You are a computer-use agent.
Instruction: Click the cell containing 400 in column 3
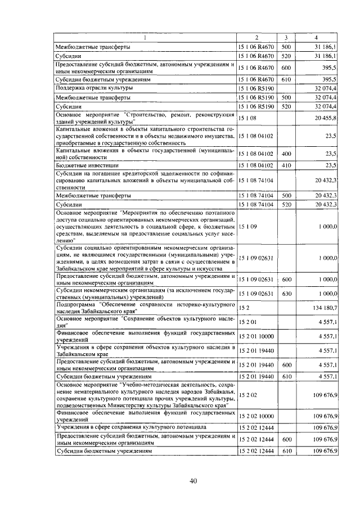(x=286, y=154)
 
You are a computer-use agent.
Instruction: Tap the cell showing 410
(x=286, y=165)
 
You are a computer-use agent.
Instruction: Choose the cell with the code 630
(x=286, y=293)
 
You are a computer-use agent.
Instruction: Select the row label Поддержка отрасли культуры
(x=93, y=88)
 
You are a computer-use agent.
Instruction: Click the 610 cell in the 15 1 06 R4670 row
(x=286, y=80)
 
